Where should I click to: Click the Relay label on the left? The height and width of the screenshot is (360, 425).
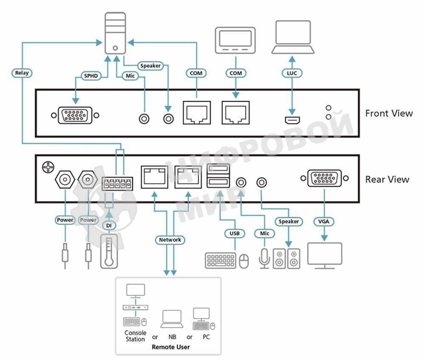[x=21, y=73]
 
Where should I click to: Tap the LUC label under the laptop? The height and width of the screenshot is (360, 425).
[x=291, y=73]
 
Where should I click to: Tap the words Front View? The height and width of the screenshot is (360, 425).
[x=388, y=113]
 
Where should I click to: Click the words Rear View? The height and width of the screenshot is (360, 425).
[x=387, y=179]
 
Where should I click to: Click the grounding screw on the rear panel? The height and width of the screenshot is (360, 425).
[x=47, y=164]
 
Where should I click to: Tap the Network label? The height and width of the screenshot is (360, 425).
[x=170, y=239]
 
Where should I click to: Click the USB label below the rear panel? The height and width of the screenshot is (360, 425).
[x=234, y=233]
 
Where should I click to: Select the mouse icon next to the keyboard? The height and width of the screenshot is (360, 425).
[x=243, y=261]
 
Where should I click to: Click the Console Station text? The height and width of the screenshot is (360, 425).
[x=135, y=336]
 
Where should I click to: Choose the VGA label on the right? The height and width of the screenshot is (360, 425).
[x=324, y=221]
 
